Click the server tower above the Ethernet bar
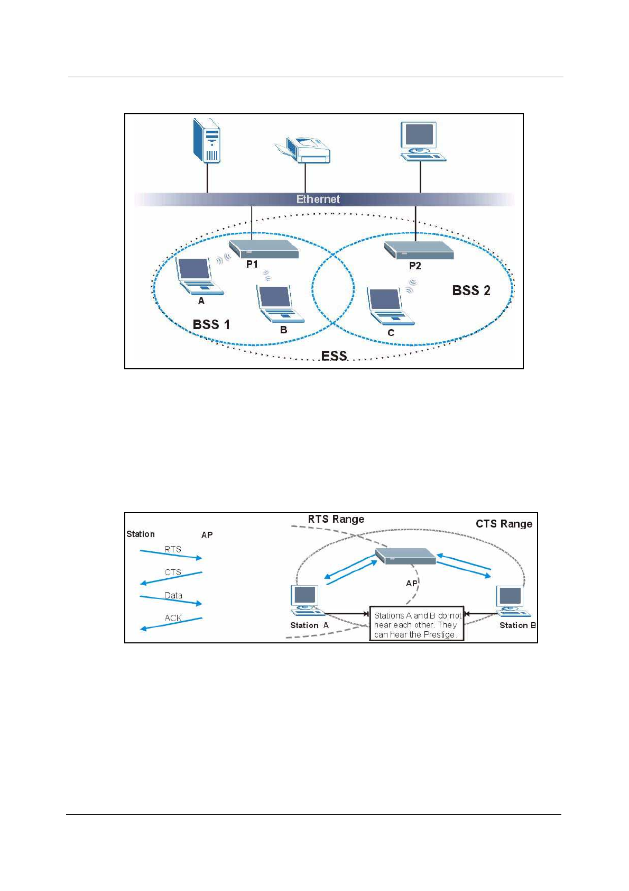click(x=206, y=140)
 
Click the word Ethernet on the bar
click(x=318, y=199)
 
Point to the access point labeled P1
click(x=264, y=249)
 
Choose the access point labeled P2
click(x=419, y=250)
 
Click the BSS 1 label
click(x=211, y=324)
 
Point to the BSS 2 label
click(x=471, y=290)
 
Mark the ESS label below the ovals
click(x=334, y=356)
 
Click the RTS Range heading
click(x=336, y=519)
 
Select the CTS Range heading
click(x=504, y=524)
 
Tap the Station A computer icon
click(x=307, y=601)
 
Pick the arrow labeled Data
click(x=171, y=600)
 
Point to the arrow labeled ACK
click(x=171, y=623)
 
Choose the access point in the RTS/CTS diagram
click(x=405, y=556)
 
